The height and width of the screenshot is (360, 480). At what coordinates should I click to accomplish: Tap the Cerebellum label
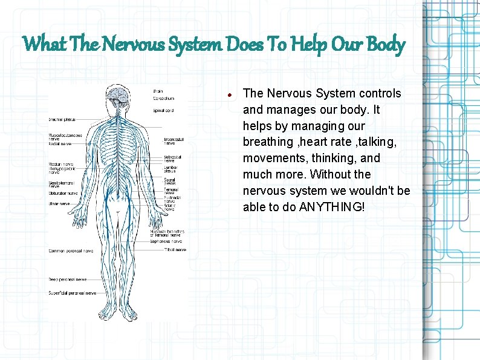click(163, 98)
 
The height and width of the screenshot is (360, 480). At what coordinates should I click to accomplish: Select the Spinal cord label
click(163, 111)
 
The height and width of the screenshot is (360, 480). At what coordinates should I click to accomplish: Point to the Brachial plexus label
click(62, 119)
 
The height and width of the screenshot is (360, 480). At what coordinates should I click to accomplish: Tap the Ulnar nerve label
click(59, 204)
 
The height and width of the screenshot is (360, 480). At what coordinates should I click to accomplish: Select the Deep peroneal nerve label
click(65, 280)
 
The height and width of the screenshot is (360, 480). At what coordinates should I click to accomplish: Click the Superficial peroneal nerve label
click(72, 293)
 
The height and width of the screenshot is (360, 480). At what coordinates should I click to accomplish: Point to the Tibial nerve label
click(175, 249)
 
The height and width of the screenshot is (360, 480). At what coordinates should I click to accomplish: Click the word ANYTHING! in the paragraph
click(332, 207)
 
